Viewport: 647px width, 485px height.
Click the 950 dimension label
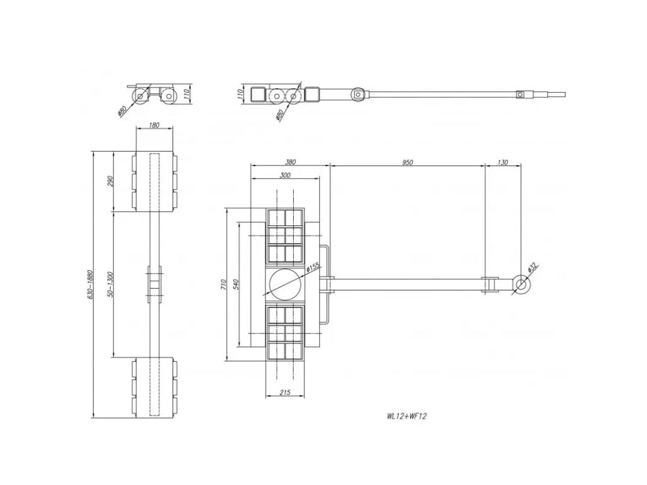pyautogui.click(x=408, y=162)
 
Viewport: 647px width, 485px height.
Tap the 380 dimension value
pyautogui.click(x=290, y=162)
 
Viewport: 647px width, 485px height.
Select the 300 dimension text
pyautogui.click(x=285, y=175)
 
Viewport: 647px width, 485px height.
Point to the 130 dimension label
pyautogui.click(x=502, y=162)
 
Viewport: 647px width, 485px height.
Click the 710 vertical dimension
pyautogui.click(x=224, y=285)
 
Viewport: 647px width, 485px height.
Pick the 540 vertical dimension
pyautogui.click(x=236, y=285)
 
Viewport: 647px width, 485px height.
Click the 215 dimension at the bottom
pyautogui.click(x=285, y=392)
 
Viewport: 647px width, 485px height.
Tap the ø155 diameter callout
pyautogui.click(x=313, y=267)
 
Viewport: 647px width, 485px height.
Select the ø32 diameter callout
pyautogui.click(x=533, y=268)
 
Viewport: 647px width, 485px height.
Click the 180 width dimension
pyautogui.click(x=154, y=125)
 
